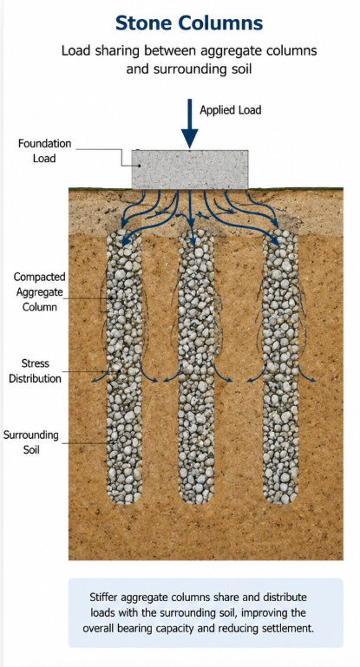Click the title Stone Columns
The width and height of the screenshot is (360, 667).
189,23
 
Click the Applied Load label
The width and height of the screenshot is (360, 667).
231,110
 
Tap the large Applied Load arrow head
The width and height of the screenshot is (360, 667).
190,139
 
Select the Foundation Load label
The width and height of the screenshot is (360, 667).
44,151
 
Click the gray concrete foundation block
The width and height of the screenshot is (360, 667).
190,169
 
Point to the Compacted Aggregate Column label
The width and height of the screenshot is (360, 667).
40,291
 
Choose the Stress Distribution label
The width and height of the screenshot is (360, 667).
36,371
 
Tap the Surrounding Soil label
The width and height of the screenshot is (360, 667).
31,442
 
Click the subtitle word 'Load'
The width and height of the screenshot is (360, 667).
75,50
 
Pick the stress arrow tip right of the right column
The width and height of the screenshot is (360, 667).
314,380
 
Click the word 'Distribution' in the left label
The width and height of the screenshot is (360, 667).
36,378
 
